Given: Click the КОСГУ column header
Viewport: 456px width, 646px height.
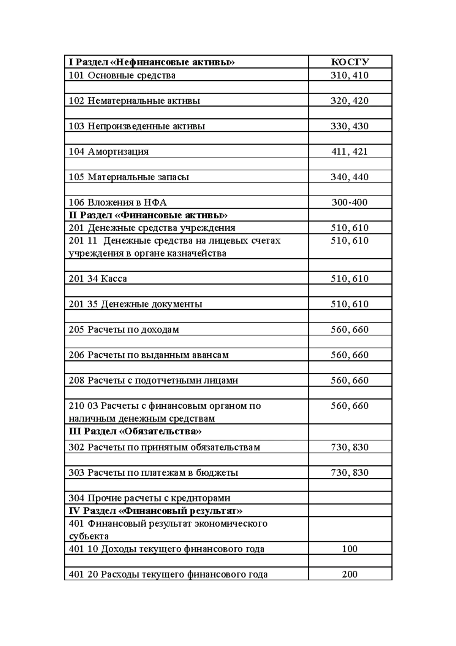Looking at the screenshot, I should (350, 62).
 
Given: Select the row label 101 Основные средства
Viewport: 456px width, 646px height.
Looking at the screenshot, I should (122, 75).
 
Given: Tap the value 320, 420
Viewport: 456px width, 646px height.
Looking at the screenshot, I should (350, 101).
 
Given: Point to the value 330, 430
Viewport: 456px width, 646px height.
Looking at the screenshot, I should (350, 126).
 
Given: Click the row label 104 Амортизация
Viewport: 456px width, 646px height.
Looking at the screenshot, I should (109, 152).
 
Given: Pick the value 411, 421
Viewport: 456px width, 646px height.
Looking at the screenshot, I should (350, 152).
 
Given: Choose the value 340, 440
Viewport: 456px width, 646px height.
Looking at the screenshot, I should (350, 177).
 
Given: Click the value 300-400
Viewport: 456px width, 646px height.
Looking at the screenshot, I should (350, 202).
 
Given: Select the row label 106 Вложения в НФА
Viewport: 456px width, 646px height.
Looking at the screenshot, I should (118, 202).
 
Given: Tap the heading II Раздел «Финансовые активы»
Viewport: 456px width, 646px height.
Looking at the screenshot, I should (148, 215).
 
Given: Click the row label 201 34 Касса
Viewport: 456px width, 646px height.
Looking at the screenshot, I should (98, 279).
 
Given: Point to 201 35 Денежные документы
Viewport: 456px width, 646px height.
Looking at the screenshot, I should (135, 304).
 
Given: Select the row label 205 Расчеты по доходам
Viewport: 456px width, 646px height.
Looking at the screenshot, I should (124, 329).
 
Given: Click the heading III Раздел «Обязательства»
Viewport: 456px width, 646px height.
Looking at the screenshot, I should (135, 431).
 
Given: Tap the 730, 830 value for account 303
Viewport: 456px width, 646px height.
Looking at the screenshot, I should (350, 473).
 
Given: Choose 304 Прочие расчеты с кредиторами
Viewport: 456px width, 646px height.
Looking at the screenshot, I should (149, 498).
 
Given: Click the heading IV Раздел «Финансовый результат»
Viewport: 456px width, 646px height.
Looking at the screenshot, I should (155, 511).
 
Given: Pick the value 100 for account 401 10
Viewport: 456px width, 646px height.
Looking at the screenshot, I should (350, 549).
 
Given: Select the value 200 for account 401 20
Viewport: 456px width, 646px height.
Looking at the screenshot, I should (350, 574).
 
